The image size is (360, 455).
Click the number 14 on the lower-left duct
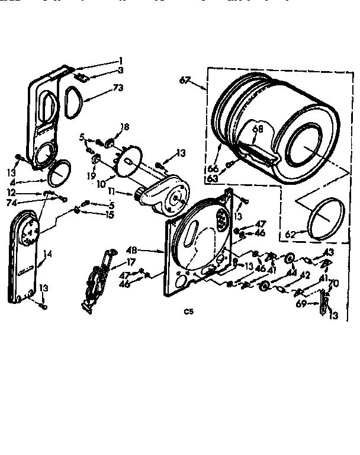[x=48, y=254]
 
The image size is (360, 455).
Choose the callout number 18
[x=124, y=127]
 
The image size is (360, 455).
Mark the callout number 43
[x=328, y=252]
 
